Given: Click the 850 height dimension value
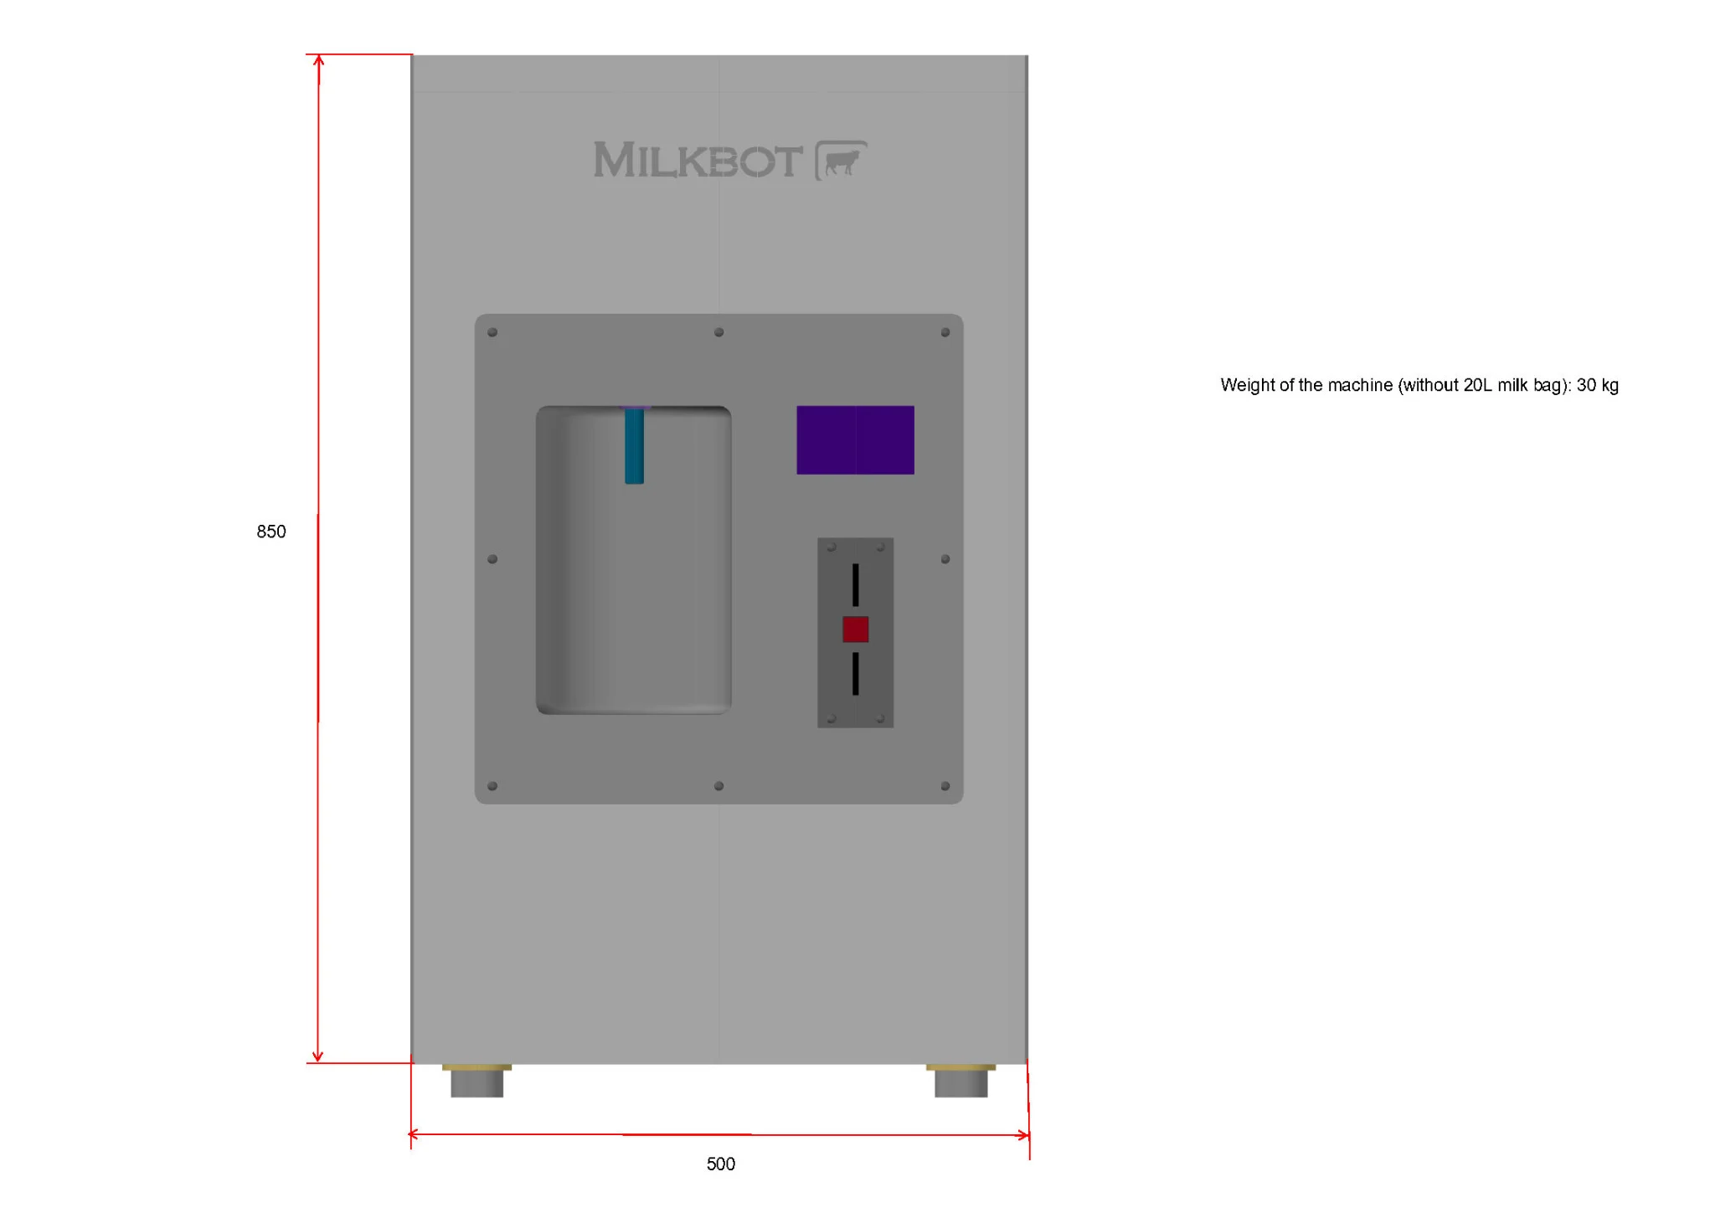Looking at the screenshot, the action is [271, 532].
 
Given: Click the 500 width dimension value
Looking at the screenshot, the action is [721, 1164].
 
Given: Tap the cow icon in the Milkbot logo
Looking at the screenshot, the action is [842, 160].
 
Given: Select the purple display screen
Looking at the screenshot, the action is [855, 440].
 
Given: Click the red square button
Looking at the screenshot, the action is [856, 630].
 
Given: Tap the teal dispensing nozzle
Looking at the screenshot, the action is [635, 445].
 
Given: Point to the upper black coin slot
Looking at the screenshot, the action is [856, 585].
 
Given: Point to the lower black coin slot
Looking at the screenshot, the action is [856, 674].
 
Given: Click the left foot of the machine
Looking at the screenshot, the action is [477, 1081].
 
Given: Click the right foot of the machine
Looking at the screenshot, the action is [961, 1081].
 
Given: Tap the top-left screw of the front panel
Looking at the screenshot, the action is [492, 332].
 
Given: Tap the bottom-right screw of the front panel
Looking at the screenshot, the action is [945, 786].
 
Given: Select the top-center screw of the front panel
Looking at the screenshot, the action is [718, 332].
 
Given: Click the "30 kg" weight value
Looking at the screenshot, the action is [1598, 385].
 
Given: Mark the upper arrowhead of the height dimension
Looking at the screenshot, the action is [318, 60].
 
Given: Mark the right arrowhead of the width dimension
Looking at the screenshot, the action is [1023, 1135].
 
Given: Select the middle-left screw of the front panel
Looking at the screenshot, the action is [492, 559].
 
